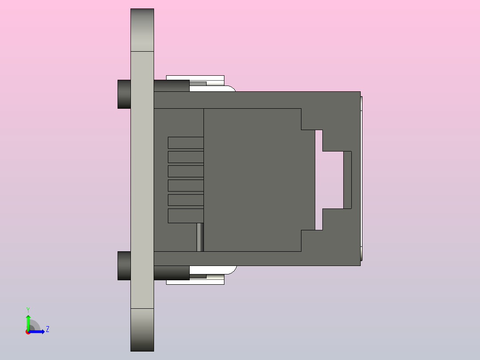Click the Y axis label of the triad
(x=28, y=309)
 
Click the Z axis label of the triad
(x=47, y=329)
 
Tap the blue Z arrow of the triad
(x=38, y=331)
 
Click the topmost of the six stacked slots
(x=186, y=143)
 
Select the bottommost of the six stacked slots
(x=186, y=216)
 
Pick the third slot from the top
(x=186, y=172)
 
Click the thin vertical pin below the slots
(x=200, y=237)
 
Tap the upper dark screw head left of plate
(x=124, y=94)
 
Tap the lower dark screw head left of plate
(x=124, y=266)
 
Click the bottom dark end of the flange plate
(x=142, y=330)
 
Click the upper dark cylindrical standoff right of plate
(x=171, y=86)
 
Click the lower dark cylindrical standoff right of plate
(x=171, y=273)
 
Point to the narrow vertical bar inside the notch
(x=347, y=180)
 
